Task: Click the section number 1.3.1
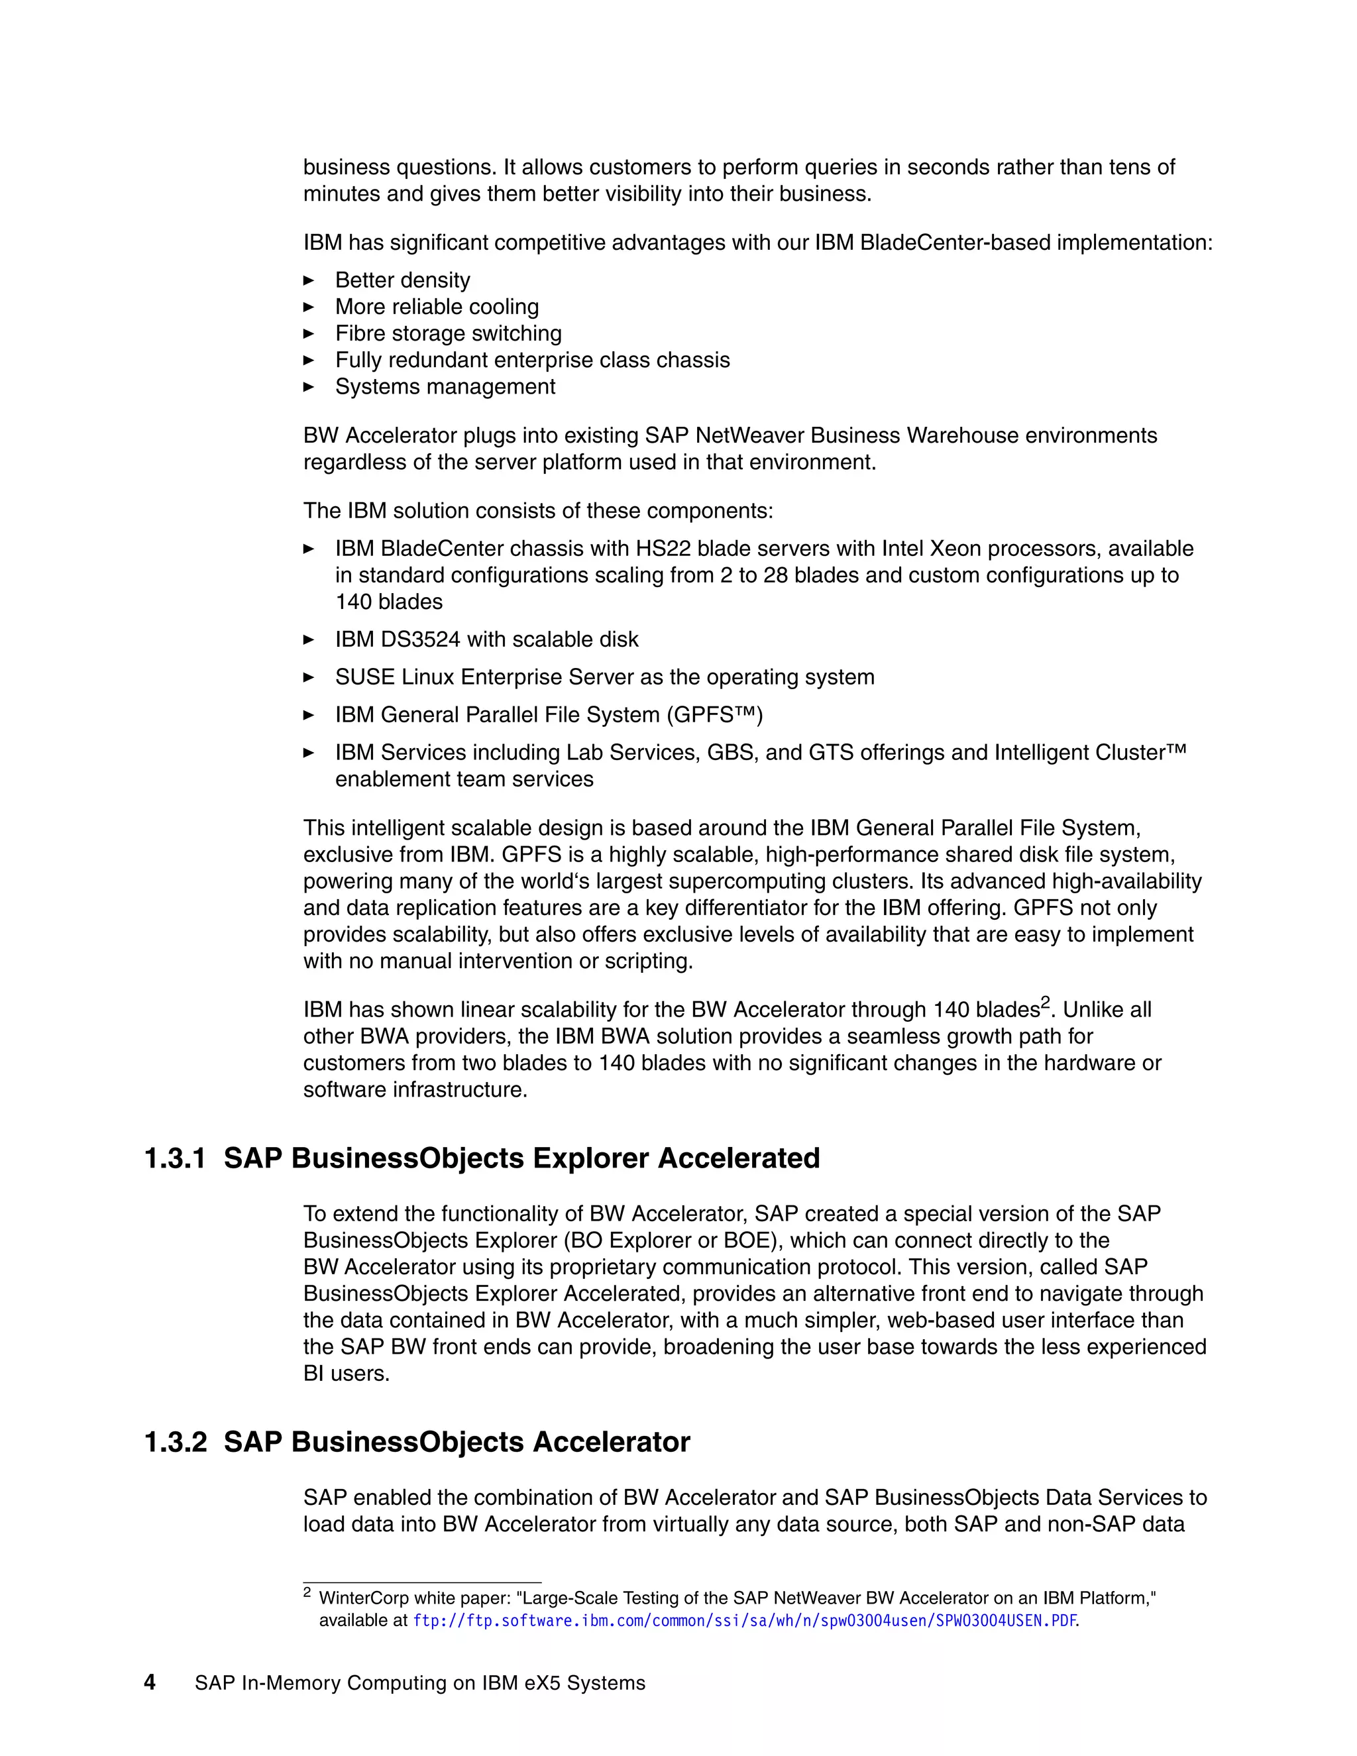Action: coord(174,1158)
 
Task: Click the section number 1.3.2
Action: coord(174,1443)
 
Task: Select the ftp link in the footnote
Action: coord(744,1621)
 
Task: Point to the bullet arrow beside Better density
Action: coord(309,280)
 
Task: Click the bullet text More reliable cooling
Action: coord(437,307)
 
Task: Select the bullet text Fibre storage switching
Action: coord(448,334)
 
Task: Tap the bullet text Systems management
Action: coord(445,387)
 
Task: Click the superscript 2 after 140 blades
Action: coord(1045,1003)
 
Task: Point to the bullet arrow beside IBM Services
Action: coord(309,753)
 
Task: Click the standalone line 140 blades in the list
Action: coord(388,602)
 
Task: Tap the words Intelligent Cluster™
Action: coord(1089,753)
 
